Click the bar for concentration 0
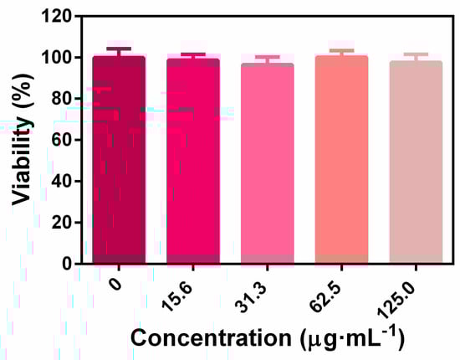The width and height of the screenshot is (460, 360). [119, 159]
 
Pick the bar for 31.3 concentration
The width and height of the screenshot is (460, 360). [267, 163]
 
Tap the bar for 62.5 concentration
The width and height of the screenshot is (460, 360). [341, 159]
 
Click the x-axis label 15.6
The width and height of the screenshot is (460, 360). [183, 290]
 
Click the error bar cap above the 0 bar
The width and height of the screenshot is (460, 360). [119, 49]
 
